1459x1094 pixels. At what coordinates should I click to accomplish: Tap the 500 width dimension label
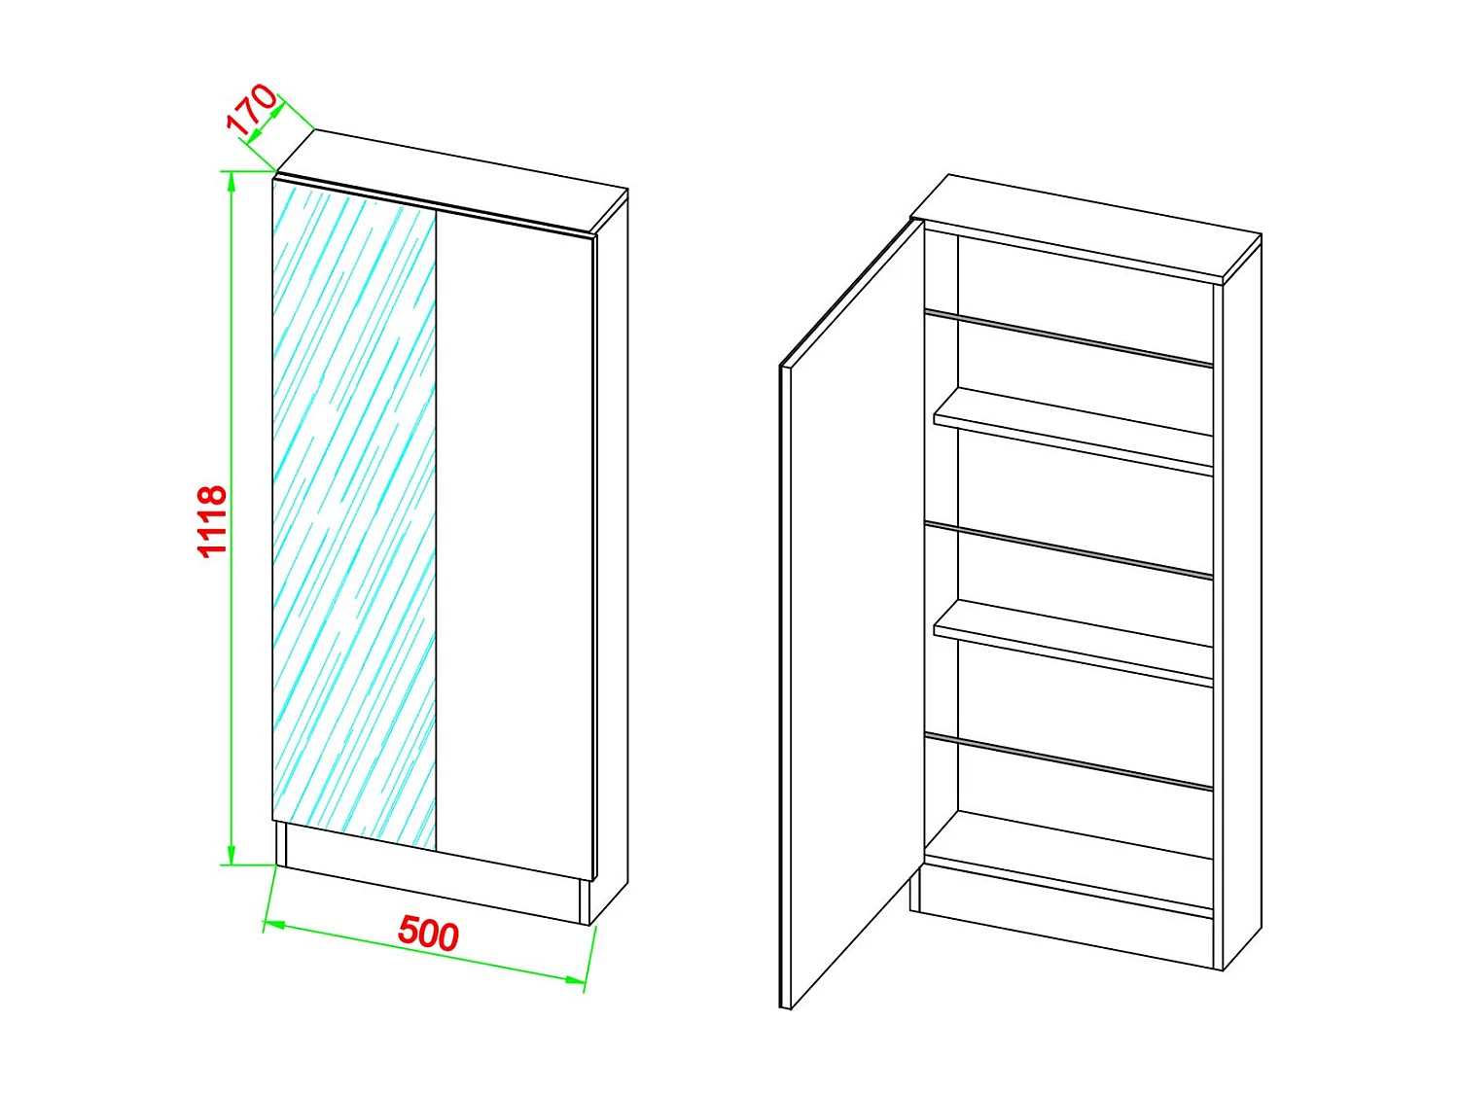pos(428,933)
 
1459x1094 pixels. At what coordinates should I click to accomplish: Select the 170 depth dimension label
pos(252,108)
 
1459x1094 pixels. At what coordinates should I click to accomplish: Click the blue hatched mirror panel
pos(354,515)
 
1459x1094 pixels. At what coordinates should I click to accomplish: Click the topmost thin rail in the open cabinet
pos(1070,337)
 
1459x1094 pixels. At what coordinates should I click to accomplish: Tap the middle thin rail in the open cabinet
pos(1070,549)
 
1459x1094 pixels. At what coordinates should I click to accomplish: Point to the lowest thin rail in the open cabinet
pos(1070,760)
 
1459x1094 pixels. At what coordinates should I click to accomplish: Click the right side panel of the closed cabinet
pos(612,545)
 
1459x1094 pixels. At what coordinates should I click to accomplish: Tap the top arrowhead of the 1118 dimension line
pos(231,181)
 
